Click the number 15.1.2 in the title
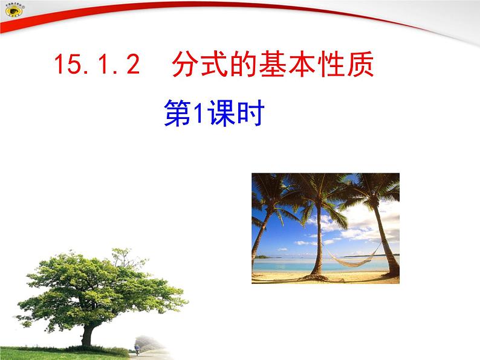point(97,65)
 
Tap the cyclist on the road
point(137,349)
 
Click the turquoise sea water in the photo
point(284,264)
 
